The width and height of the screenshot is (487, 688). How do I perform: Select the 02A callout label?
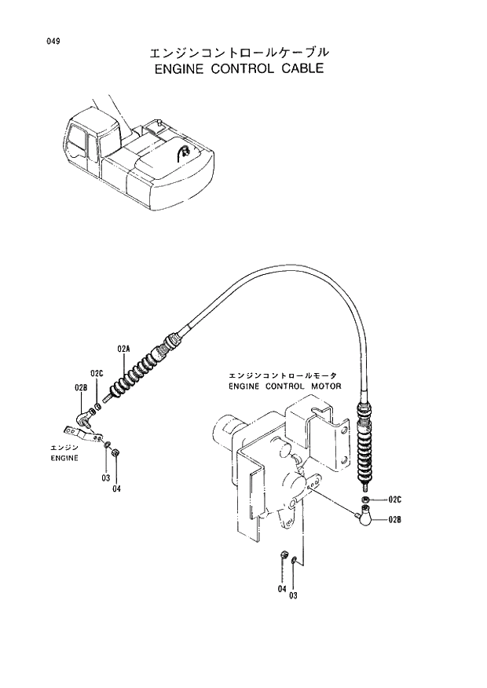(123, 347)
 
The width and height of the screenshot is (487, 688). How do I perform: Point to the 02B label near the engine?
(80, 386)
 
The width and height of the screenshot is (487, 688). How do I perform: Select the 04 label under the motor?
(281, 588)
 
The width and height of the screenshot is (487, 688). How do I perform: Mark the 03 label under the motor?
(294, 595)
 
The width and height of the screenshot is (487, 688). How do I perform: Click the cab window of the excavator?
(79, 139)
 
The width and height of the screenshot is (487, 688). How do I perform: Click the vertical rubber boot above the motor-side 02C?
(365, 456)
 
